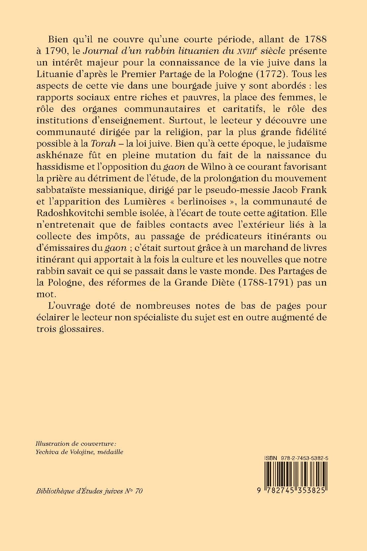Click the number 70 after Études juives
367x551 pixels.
pyautogui.click(x=139, y=491)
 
